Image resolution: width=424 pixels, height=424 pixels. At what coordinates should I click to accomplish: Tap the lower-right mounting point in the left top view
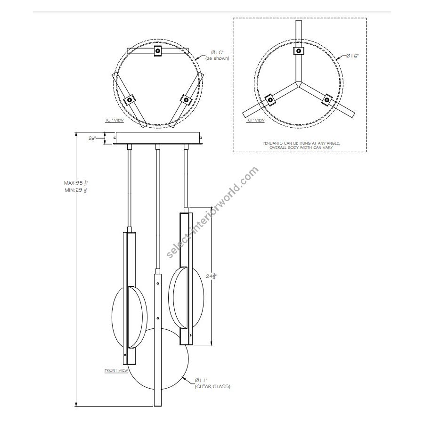[x=186, y=100]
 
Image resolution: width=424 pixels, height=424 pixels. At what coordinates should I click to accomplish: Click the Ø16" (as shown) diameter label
[x=217, y=55]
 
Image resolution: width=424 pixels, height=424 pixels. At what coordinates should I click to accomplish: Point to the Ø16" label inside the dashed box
[x=352, y=56]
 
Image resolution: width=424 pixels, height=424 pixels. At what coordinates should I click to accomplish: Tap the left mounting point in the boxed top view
[x=269, y=99]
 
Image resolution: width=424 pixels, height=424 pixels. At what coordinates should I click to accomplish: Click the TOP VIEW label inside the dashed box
[x=255, y=121]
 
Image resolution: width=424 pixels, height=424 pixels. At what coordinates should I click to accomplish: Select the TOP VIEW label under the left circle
[x=114, y=121]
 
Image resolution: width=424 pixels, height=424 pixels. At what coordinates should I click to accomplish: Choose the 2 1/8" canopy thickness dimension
[x=93, y=139]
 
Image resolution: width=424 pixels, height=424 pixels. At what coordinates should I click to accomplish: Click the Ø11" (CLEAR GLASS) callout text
[x=212, y=383]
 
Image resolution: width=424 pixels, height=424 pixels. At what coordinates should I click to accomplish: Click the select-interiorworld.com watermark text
[x=212, y=212]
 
